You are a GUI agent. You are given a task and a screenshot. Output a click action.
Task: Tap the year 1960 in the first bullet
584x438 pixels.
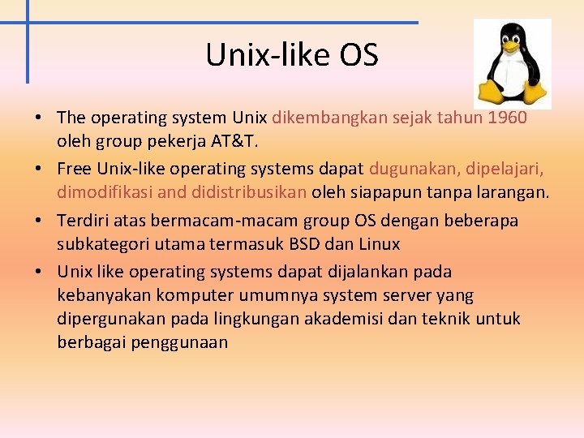click(x=508, y=118)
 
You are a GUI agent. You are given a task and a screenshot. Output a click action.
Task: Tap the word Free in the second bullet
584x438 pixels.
click(x=75, y=169)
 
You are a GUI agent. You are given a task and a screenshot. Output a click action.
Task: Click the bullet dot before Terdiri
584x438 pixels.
click(x=39, y=221)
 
